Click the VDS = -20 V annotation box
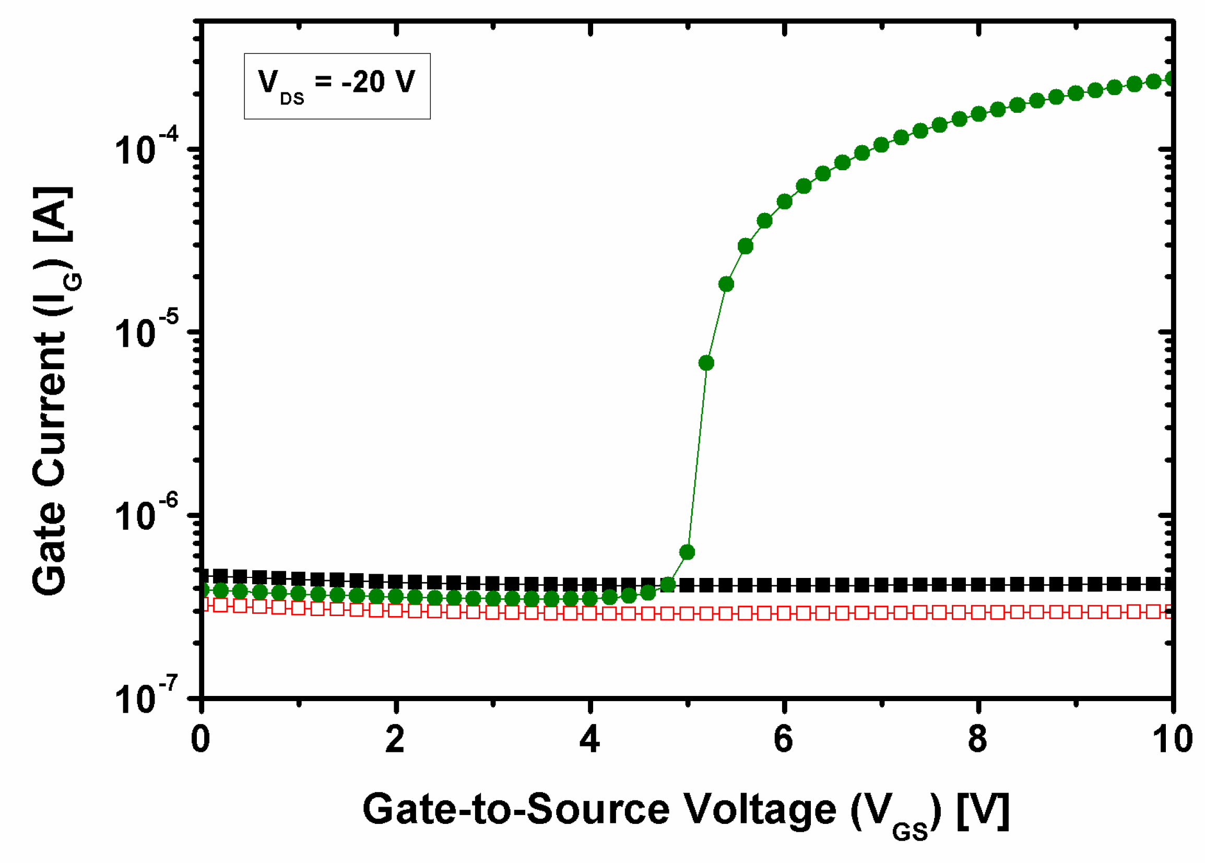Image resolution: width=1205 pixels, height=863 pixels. coord(337,86)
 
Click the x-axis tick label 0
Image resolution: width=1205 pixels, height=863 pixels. coord(200,739)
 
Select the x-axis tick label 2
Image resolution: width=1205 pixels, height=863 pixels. coord(395,739)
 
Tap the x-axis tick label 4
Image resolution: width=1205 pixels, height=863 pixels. coord(589,739)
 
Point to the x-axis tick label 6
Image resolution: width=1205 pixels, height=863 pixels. coord(784,739)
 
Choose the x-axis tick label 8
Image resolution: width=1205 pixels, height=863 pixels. coord(977,739)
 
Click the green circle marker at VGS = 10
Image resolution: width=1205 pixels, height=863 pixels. coord(1171,79)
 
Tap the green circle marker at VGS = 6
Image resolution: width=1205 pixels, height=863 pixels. coord(784,202)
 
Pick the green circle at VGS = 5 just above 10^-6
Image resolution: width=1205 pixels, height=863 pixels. coord(687,552)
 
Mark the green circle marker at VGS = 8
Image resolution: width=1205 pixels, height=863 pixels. coord(978,114)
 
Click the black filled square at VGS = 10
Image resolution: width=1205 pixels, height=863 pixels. coord(1171,585)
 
